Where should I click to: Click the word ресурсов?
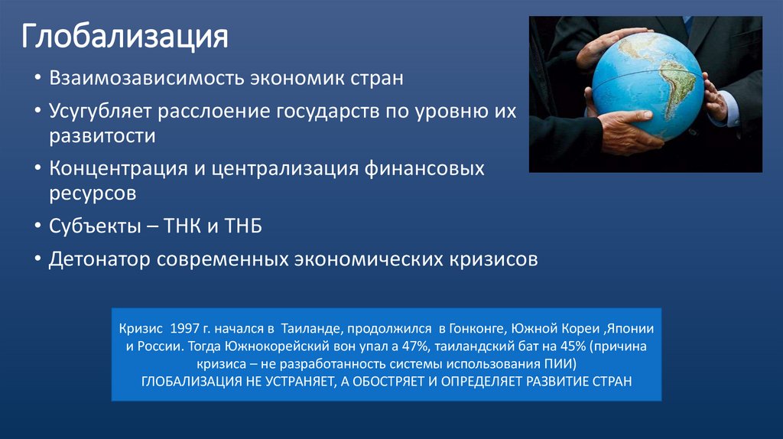coord(93,193)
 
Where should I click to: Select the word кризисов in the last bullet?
coord(491,259)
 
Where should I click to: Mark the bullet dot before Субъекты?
coord(37,227)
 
